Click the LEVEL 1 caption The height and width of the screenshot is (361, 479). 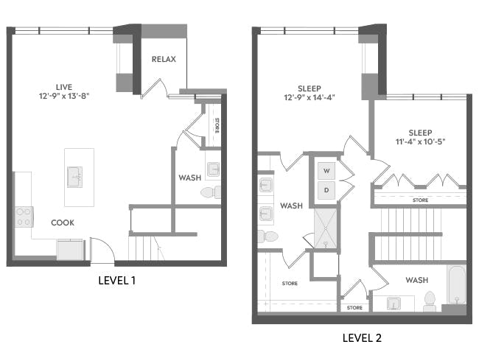(117, 281)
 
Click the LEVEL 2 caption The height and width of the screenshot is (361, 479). (362, 338)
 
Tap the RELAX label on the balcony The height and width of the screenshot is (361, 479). (164, 59)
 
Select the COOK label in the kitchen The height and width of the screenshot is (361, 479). (62, 222)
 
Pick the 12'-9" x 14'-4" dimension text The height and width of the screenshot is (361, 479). (310, 97)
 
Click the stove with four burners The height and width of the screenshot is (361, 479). (24, 216)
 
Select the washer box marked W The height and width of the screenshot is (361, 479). (325, 170)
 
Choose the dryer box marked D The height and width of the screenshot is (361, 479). (325, 191)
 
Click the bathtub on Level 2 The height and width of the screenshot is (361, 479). (456, 287)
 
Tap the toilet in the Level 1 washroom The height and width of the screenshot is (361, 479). (209, 192)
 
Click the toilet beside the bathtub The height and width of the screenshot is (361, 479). (430, 299)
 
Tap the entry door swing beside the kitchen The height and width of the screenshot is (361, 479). (102, 250)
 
